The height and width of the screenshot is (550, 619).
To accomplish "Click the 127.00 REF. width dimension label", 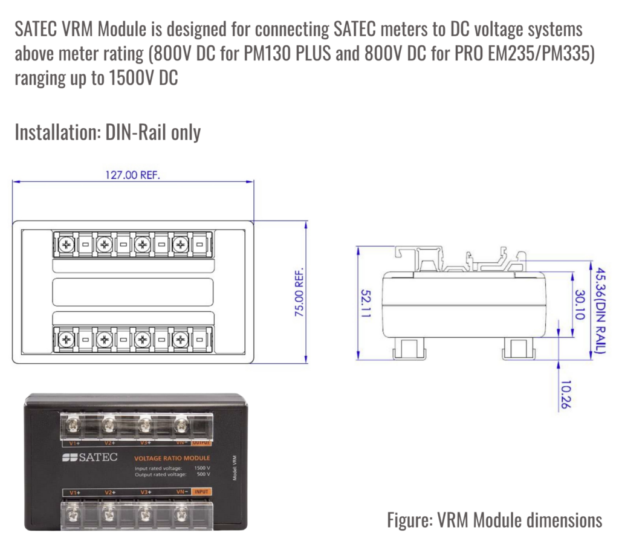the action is tap(132, 175).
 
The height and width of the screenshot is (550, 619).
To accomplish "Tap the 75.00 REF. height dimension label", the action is tap(299, 292).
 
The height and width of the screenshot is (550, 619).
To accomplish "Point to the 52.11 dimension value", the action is tap(366, 303).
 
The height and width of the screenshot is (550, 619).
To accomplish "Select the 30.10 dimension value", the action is tap(580, 305).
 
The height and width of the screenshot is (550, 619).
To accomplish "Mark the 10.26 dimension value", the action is tap(566, 395).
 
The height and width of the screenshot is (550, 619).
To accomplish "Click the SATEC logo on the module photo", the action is tap(90, 457).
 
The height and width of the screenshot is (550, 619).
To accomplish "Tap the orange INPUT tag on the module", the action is tap(201, 491).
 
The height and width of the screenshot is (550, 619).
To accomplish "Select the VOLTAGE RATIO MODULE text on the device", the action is tap(172, 458).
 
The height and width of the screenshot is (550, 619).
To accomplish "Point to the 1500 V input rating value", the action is tap(202, 468).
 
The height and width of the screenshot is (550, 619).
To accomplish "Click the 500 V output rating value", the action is tap(204, 474).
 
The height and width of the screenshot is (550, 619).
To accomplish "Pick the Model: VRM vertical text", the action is tap(235, 468).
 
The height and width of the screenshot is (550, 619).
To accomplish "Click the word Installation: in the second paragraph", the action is tap(58, 132).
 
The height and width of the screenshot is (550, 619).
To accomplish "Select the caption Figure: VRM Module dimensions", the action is tap(494, 520).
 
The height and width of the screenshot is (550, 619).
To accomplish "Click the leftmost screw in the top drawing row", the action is tap(66, 244).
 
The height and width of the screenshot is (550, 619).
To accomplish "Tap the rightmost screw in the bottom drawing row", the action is tap(180, 339).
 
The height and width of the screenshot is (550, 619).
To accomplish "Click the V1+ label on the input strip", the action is tap(75, 493).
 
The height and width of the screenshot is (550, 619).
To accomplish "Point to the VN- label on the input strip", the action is tap(182, 491).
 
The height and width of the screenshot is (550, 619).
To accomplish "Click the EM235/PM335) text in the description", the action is tap(541, 53).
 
